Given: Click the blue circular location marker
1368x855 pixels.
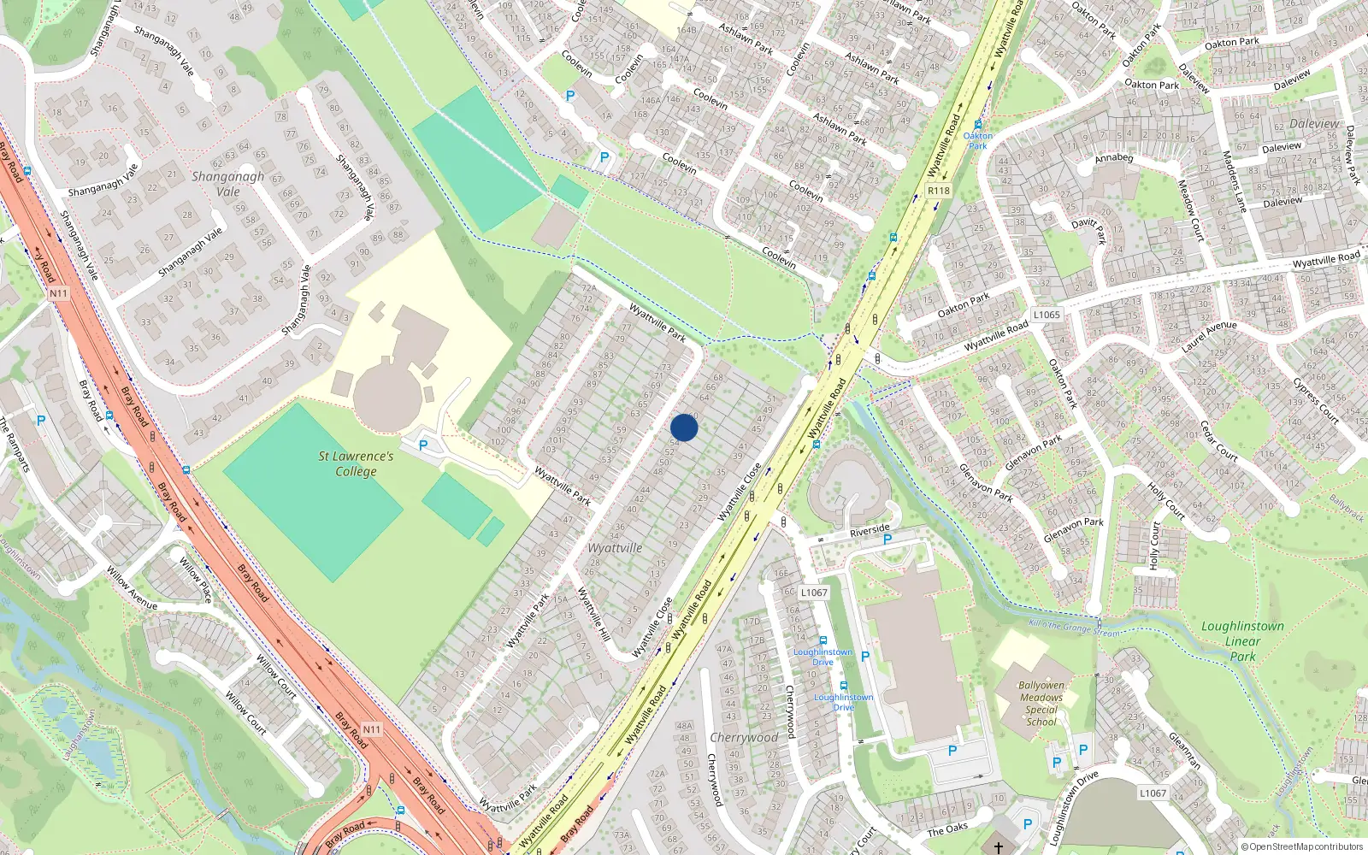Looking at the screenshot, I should point(684,427).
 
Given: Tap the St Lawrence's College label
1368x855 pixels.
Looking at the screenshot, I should point(356,463).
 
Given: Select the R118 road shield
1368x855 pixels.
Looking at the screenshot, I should point(939,191).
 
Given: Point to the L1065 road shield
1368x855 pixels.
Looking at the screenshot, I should point(1047,315).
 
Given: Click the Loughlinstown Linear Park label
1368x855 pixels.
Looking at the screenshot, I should point(1242,641).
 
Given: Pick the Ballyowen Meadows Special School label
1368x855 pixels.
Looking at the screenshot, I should point(1041,703).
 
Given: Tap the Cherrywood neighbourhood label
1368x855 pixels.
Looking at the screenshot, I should point(744,737).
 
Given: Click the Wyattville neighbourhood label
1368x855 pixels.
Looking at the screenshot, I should point(615,548).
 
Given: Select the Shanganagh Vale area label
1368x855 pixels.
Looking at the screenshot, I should point(227,184).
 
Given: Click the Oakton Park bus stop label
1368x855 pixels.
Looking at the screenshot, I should point(978,140).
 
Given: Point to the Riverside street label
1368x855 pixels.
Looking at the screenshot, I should point(870,531).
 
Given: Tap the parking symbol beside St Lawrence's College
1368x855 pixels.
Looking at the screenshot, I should point(422,445).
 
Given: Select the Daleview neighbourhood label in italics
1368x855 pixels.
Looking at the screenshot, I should point(1314,124).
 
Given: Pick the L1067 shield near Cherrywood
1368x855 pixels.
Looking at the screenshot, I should point(814,593).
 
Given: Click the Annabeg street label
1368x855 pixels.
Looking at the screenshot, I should point(1114,158).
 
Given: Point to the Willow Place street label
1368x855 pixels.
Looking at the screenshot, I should point(196,581).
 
